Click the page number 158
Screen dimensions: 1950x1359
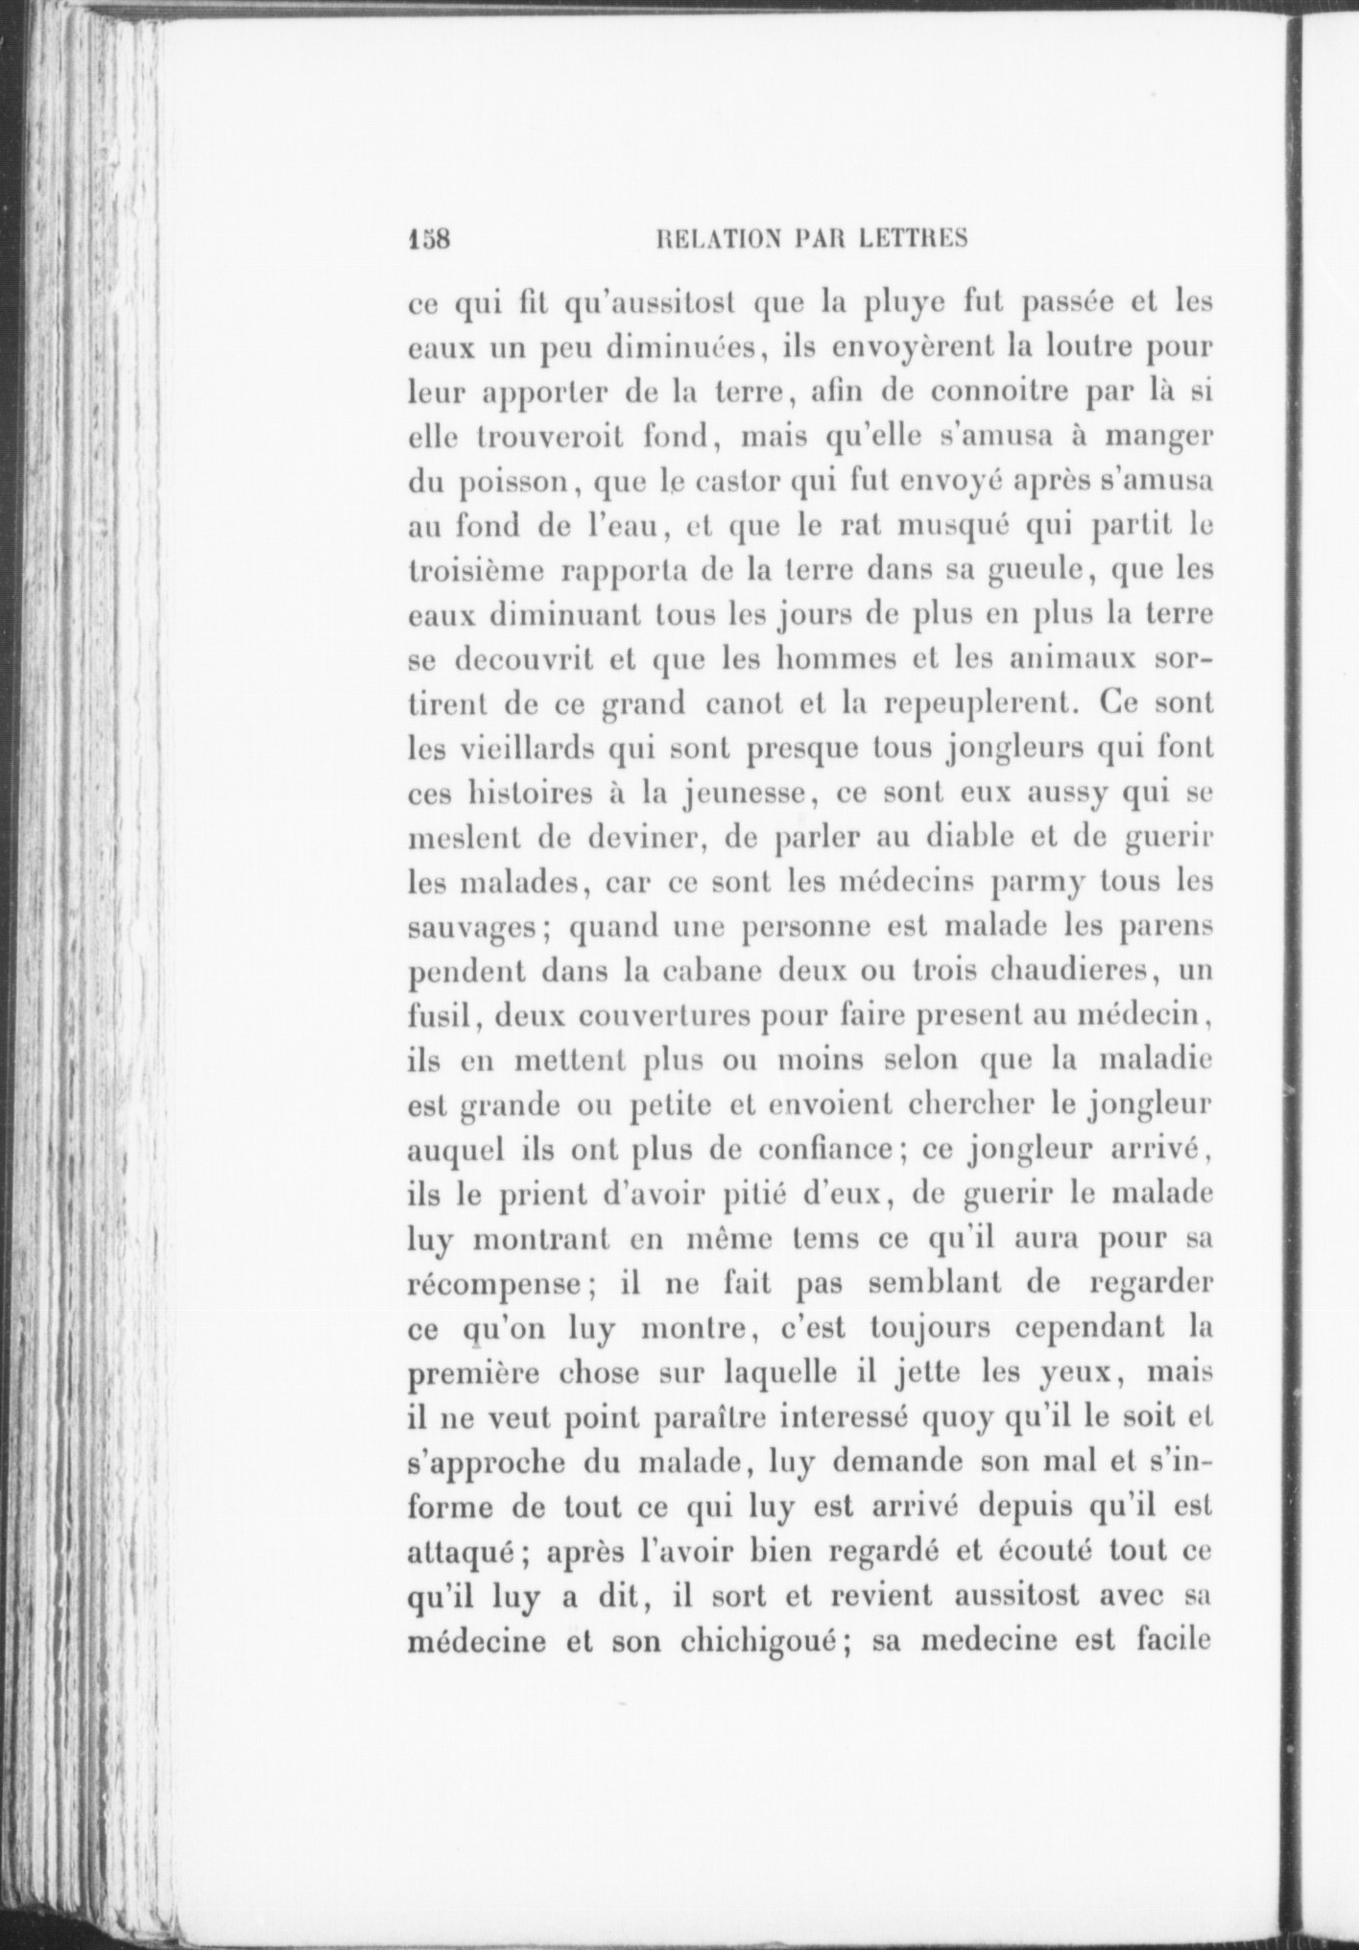429,238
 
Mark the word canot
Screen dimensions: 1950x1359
745,704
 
